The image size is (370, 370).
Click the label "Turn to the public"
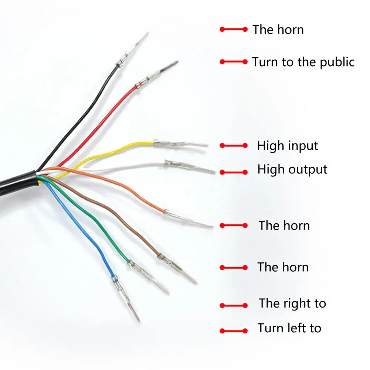click(303, 62)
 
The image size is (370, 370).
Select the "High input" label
click(288, 146)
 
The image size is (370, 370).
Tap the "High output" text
click(292, 170)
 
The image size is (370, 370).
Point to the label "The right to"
click(292, 303)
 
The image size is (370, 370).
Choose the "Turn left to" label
click(289, 328)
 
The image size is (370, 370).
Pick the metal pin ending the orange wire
click(187, 218)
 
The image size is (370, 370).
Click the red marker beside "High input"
click(234, 146)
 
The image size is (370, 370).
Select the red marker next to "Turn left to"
click(234, 331)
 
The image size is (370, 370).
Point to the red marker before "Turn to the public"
click(234, 62)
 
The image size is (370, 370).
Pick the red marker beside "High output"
click(234, 172)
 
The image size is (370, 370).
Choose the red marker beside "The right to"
click(234, 305)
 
